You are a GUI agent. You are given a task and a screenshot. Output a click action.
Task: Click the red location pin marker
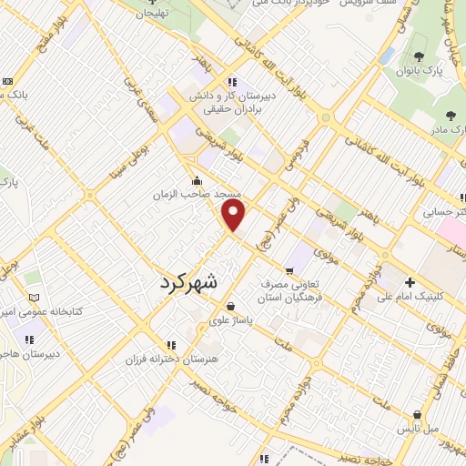point(235,215)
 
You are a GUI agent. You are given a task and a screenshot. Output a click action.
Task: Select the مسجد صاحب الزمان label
point(196,195)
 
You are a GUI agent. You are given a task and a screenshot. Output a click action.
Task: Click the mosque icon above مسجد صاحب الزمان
point(196,179)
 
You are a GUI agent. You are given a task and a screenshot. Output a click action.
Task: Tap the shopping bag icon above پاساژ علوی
point(231,307)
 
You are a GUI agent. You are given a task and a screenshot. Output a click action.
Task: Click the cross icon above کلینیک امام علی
point(410,281)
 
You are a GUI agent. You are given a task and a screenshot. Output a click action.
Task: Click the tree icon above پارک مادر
point(451,115)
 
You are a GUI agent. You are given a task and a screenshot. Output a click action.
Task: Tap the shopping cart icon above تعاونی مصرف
point(289,269)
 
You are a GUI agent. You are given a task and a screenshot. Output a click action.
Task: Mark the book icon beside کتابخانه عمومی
point(35,298)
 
